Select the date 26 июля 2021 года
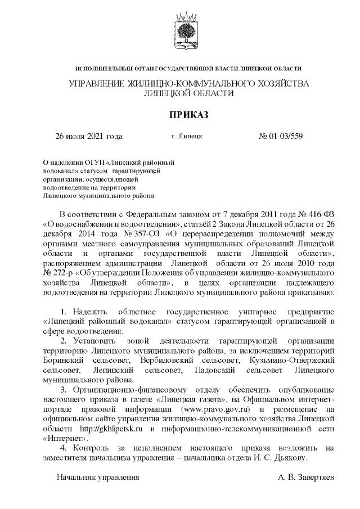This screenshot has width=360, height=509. tap(88, 136)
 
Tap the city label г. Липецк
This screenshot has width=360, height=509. tap(186, 136)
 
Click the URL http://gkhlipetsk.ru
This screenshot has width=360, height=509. tap(105, 428)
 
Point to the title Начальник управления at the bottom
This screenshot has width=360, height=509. tap(97, 477)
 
